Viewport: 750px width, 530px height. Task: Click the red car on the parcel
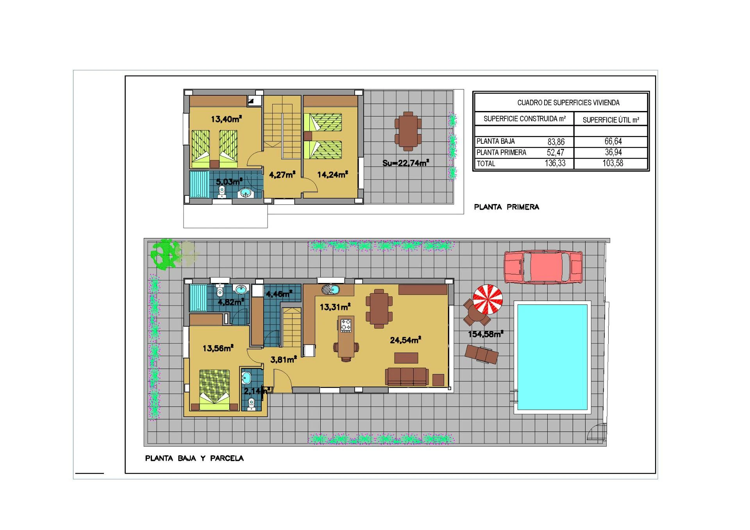click(x=543, y=267)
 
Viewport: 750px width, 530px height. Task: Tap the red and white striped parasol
click(x=487, y=299)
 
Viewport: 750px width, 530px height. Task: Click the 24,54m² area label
click(x=405, y=340)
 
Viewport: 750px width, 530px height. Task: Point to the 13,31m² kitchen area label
click(x=335, y=307)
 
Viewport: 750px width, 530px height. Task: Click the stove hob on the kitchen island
click(x=346, y=325)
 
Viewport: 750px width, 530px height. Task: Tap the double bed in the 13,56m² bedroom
click(x=214, y=390)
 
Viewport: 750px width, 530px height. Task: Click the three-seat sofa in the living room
click(x=407, y=376)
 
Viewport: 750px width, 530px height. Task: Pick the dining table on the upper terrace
click(x=408, y=131)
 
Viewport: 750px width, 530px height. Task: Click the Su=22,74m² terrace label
click(x=405, y=163)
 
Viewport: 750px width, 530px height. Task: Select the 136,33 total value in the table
click(x=555, y=163)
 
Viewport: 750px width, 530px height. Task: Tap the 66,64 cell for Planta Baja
click(x=613, y=141)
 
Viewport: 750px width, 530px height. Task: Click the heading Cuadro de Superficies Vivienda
click(x=568, y=103)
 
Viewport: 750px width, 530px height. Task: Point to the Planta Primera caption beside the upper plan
click(x=506, y=207)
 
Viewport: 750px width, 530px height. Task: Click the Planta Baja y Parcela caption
click(x=194, y=458)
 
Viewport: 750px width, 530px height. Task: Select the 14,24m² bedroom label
click(x=332, y=175)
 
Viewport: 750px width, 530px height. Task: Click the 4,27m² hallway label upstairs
click(x=282, y=175)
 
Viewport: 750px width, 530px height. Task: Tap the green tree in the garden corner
click(x=166, y=254)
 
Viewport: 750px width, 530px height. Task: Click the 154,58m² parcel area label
click(x=485, y=334)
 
